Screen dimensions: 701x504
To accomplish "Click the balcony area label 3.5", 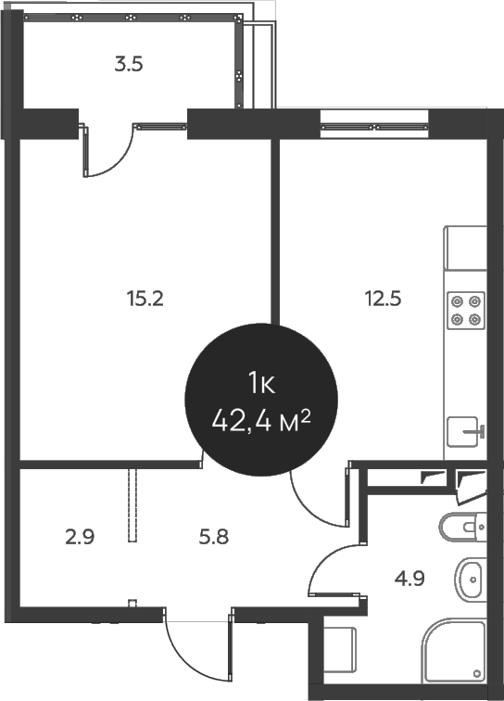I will point(128,65).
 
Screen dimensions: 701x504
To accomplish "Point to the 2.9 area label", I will point(81,536).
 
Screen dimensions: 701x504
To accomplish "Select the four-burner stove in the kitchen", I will point(466,310).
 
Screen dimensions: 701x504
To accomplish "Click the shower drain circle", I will point(476,673).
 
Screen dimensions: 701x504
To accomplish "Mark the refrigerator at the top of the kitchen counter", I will point(465,248).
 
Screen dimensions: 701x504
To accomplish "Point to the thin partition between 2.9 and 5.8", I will point(133,505).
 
